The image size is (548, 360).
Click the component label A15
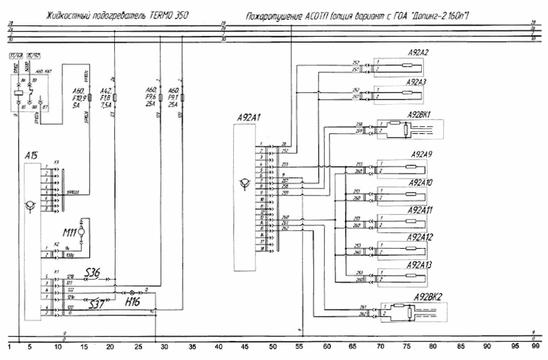(x=30, y=155)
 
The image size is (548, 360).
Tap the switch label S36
(x=93, y=271)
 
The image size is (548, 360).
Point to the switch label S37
(x=96, y=303)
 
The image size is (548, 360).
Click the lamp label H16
(x=133, y=303)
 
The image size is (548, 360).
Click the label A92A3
(x=417, y=82)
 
